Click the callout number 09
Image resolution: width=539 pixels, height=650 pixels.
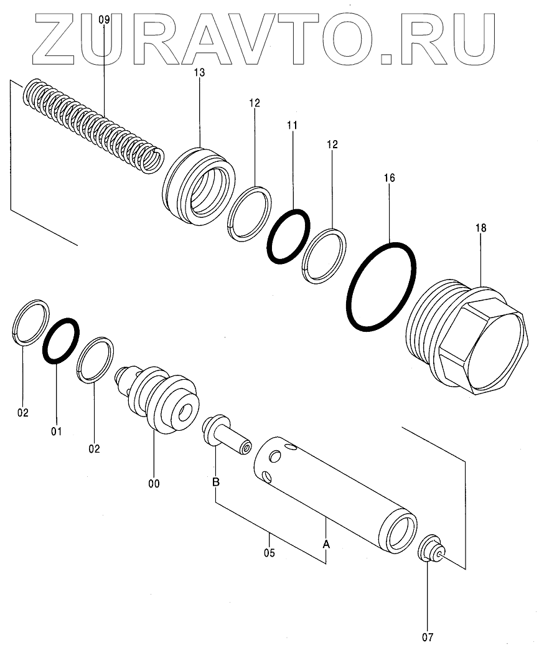pyautogui.click(x=104, y=20)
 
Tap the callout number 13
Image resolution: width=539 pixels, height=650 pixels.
pyautogui.click(x=199, y=73)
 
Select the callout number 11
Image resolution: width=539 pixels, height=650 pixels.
pyautogui.click(x=293, y=125)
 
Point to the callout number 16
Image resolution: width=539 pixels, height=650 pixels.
pyautogui.click(x=389, y=178)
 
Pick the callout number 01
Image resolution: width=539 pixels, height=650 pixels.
pyautogui.click(x=56, y=430)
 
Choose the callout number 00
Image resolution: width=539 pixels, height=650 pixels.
pyautogui.click(x=154, y=483)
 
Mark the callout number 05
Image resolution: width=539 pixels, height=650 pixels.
pyautogui.click(x=269, y=552)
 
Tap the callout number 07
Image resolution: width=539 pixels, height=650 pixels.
pyautogui.click(x=428, y=637)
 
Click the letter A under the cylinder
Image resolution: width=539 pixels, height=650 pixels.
pyautogui.click(x=326, y=544)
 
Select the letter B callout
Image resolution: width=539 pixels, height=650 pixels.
pyautogui.click(x=215, y=481)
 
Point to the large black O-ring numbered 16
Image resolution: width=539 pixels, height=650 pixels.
pyautogui.click(x=381, y=286)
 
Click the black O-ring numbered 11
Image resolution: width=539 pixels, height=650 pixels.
pyautogui.click(x=288, y=236)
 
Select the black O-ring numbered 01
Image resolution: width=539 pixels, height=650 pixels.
pyautogui.click(x=60, y=340)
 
